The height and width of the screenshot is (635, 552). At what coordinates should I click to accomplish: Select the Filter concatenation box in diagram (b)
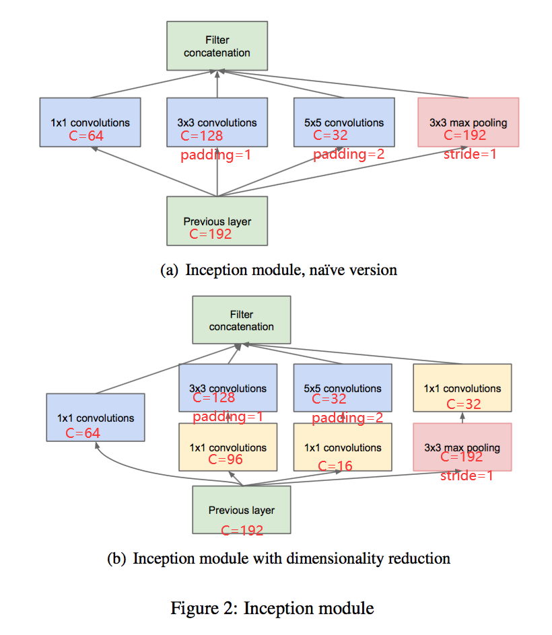point(242,321)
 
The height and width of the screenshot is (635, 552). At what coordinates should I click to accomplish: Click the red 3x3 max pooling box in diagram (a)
point(468,122)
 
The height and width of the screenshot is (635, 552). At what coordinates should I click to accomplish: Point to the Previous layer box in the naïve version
point(217,221)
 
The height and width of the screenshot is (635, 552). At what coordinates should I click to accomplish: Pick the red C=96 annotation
point(226,460)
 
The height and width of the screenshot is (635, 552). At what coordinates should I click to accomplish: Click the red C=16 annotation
point(335,465)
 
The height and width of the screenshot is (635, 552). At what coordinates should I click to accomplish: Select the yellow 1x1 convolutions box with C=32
point(462,388)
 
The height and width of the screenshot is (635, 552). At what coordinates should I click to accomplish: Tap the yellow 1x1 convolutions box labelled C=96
point(228,447)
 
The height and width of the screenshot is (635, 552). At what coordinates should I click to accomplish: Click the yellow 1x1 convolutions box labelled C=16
point(342,447)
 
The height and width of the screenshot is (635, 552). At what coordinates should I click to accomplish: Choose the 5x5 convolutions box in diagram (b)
point(342,388)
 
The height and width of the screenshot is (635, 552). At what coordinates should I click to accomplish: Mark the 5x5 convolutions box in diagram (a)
point(344,122)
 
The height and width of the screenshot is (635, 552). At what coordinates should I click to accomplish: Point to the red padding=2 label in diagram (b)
point(347,418)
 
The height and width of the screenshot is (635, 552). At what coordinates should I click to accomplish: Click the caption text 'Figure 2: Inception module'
point(272,609)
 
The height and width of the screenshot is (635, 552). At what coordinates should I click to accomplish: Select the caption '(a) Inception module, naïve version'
point(279,270)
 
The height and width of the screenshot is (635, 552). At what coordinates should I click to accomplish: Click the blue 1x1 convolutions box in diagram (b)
point(95,418)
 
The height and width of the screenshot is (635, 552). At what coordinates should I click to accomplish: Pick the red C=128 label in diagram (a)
point(201,137)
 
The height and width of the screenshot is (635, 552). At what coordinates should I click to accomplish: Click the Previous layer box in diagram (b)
point(242,510)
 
